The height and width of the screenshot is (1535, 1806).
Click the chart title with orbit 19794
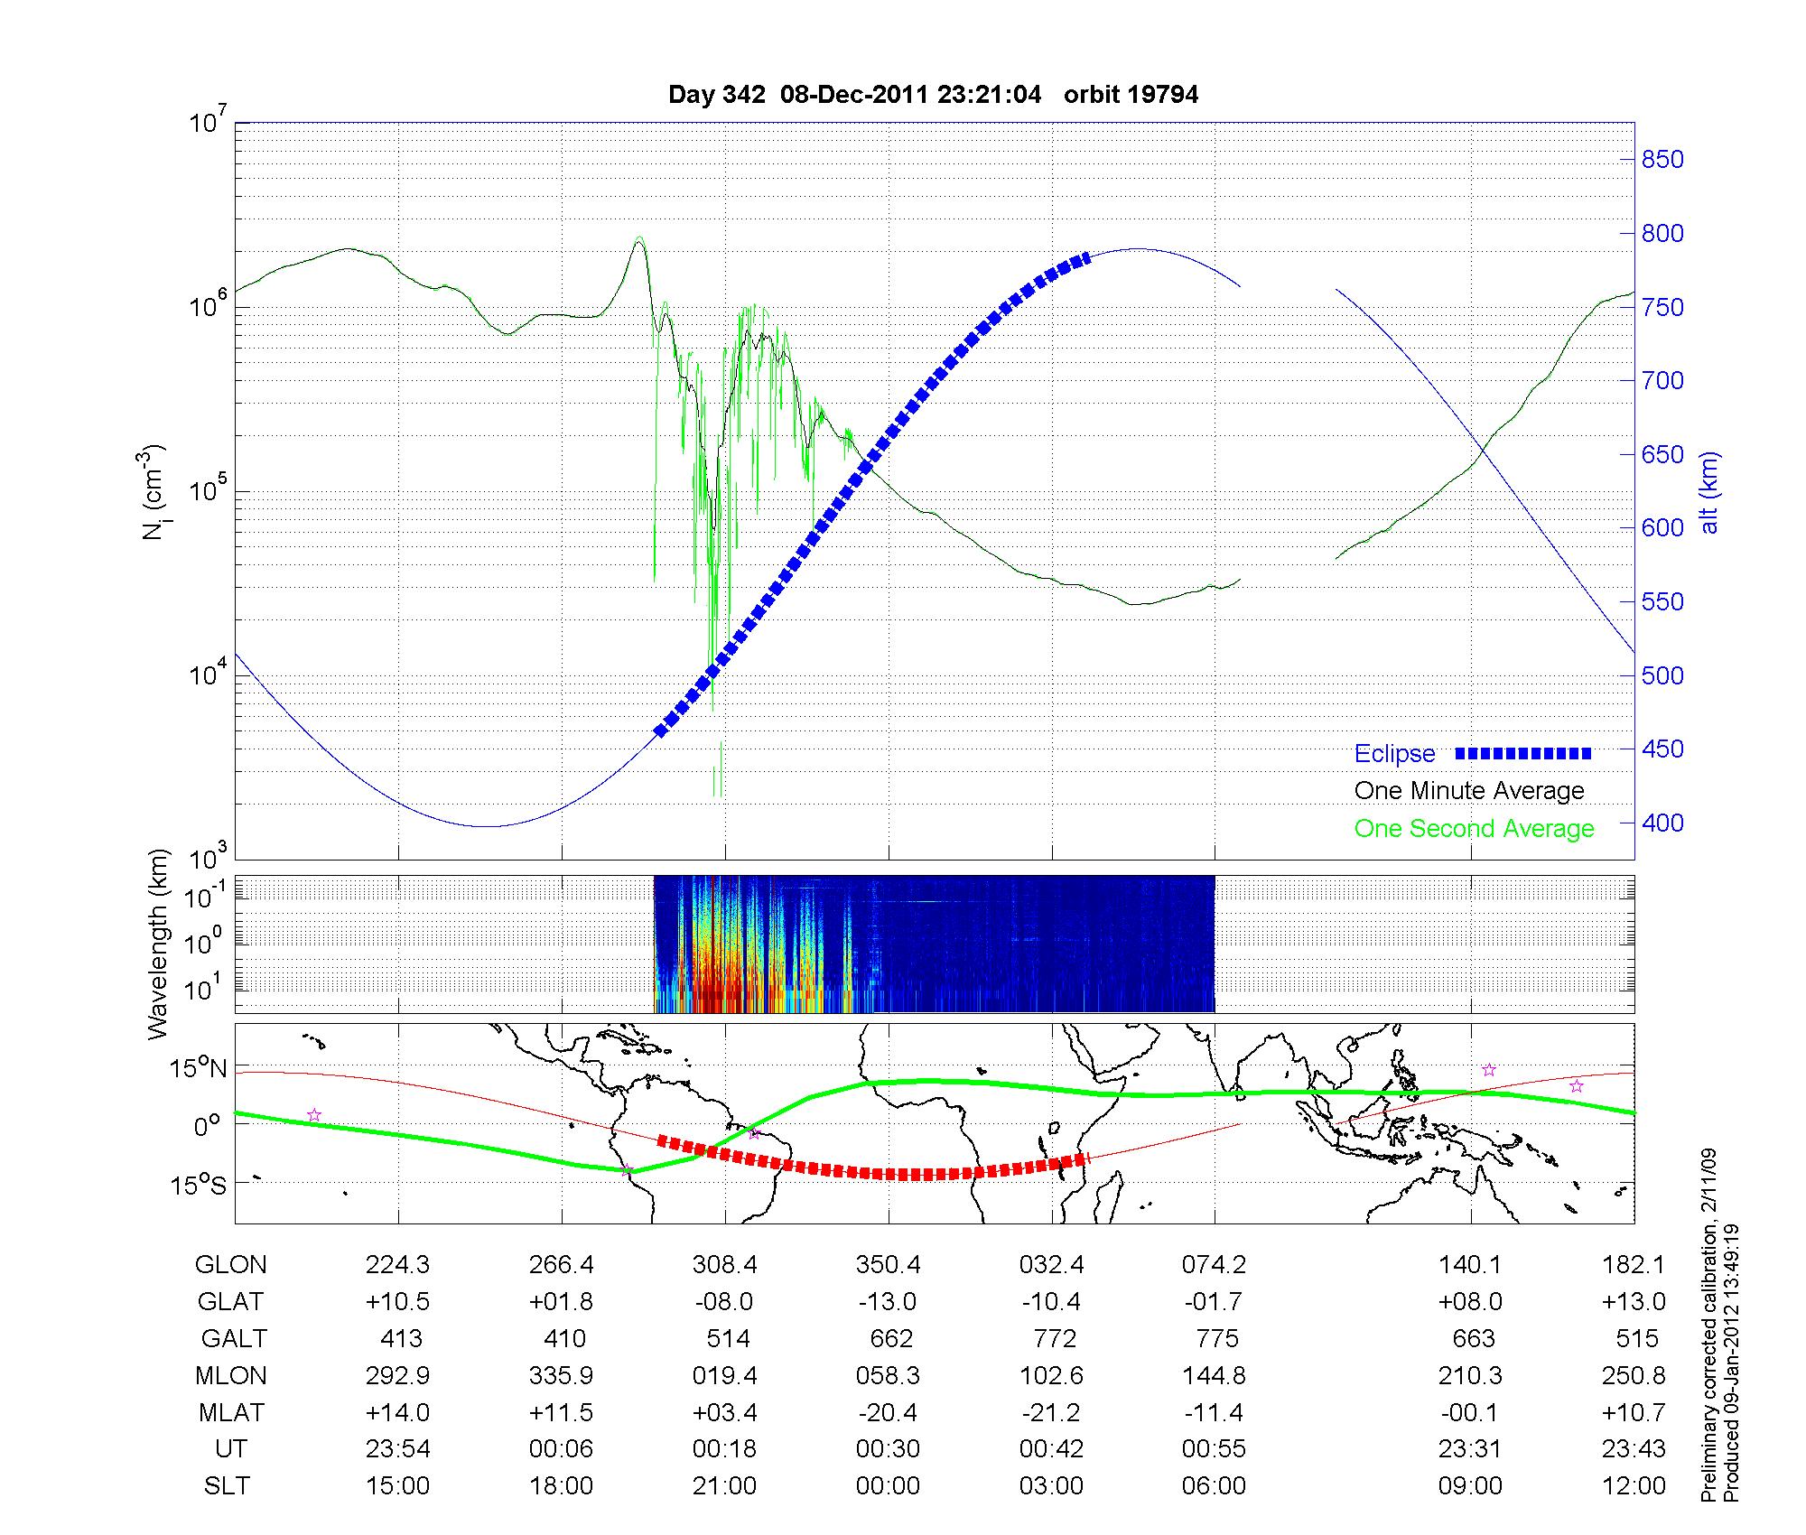pos(933,95)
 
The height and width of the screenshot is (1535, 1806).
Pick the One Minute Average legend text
pos(1469,791)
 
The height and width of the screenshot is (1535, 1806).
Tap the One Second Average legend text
pos(1474,829)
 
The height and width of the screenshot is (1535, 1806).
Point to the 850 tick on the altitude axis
pos(1662,160)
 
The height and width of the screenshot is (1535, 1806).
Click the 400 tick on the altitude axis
pos(1662,823)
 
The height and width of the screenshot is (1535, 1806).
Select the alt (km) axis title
pos(1709,492)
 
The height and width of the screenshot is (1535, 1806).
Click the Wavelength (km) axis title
pos(159,944)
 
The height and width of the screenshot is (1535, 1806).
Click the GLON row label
pos(230,1265)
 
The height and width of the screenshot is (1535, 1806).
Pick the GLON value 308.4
pos(725,1265)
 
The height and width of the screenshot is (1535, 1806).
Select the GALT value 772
pos(1054,1338)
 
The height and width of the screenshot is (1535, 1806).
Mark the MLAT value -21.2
pos(1052,1412)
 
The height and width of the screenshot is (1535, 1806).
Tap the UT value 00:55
pos(1214,1449)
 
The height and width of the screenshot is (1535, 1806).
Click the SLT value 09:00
pos(1470,1485)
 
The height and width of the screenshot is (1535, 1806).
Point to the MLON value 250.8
pos(1634,1375)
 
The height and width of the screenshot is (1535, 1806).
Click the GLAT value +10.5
pos(397,1301)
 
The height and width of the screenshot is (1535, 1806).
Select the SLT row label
pos(227,1485)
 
